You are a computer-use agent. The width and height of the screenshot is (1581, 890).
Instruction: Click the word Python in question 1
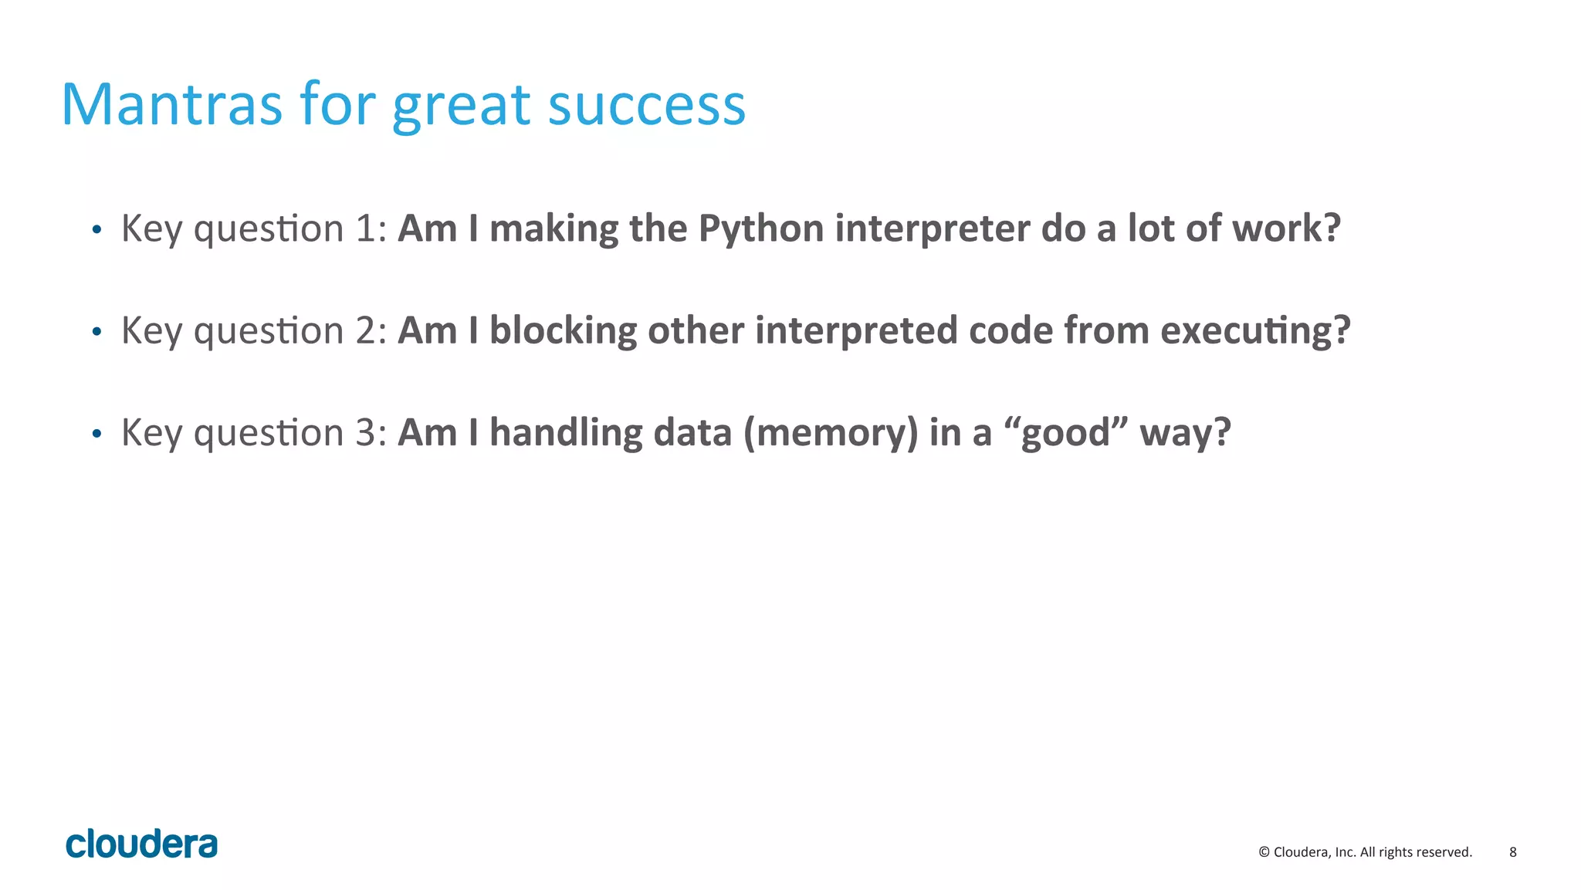pos(761,229)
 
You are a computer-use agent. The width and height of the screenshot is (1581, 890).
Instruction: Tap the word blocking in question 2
pos(563,331)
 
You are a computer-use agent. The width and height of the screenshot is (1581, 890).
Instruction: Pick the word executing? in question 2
pos(1255,331)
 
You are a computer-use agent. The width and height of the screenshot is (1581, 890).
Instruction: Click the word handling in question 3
pos(566,433)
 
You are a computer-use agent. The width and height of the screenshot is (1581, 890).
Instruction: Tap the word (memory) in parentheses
pos(831,433)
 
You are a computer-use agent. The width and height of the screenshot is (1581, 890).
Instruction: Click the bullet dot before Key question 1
pos(96,230)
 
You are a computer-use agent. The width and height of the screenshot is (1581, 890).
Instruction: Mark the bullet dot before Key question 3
pos(96,434)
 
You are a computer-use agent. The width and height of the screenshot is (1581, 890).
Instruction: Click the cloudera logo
pos(142,844)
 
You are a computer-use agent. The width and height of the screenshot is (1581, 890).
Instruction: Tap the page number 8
pos(1512,852)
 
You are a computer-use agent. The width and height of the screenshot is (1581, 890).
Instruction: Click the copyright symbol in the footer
pos(1264,852)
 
